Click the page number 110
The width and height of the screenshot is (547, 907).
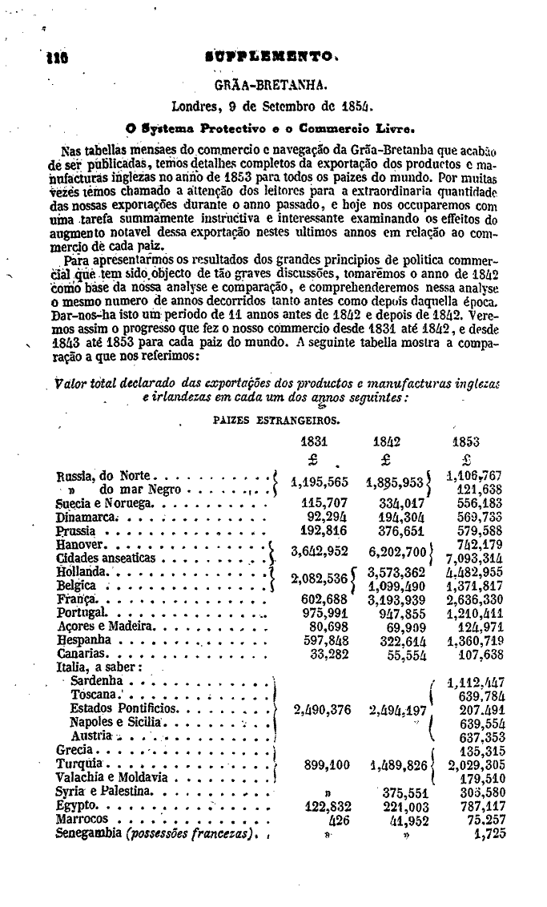point(37,59)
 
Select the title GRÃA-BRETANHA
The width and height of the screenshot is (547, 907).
point(271,84)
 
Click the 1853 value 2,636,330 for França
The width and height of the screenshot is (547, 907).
point(476,599)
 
